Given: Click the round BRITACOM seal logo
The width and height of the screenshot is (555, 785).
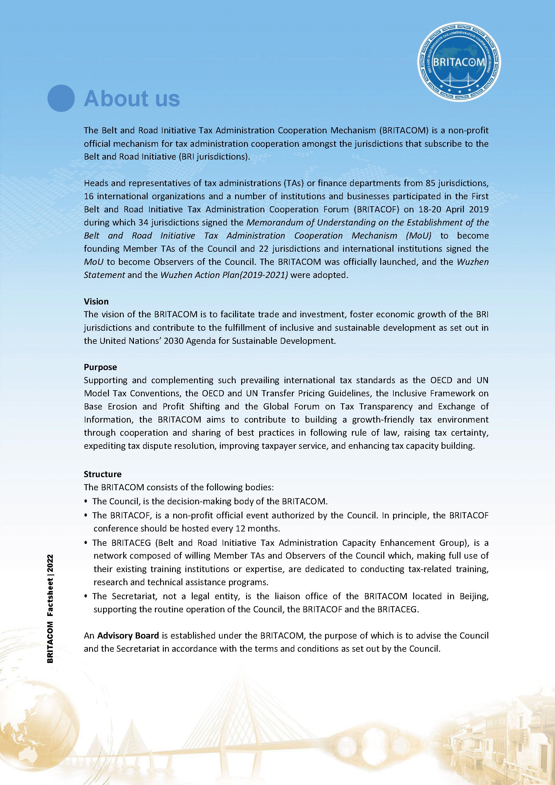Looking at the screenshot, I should (x=459, y=62).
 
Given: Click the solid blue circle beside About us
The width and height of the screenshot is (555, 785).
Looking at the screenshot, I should (x=61, y=98).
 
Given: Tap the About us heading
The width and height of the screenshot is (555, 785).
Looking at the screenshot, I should (x=132, y=99).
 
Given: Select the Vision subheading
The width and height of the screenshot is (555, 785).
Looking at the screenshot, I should (x=96, y=301).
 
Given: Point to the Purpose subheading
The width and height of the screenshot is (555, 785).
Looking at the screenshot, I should (x=100, y=367).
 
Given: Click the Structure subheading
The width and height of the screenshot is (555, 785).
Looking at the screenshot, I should (x=102, y=474).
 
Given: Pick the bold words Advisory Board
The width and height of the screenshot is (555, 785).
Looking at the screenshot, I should (x=128, y=635).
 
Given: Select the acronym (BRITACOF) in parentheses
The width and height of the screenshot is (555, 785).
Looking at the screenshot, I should (x=376, y=209).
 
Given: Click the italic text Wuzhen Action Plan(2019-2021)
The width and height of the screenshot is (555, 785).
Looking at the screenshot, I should (x=224, y=275).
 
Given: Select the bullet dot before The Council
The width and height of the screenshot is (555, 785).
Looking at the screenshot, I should (x=86, y=502).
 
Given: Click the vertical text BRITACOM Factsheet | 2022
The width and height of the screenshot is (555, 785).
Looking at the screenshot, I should (x=50, y=608).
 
